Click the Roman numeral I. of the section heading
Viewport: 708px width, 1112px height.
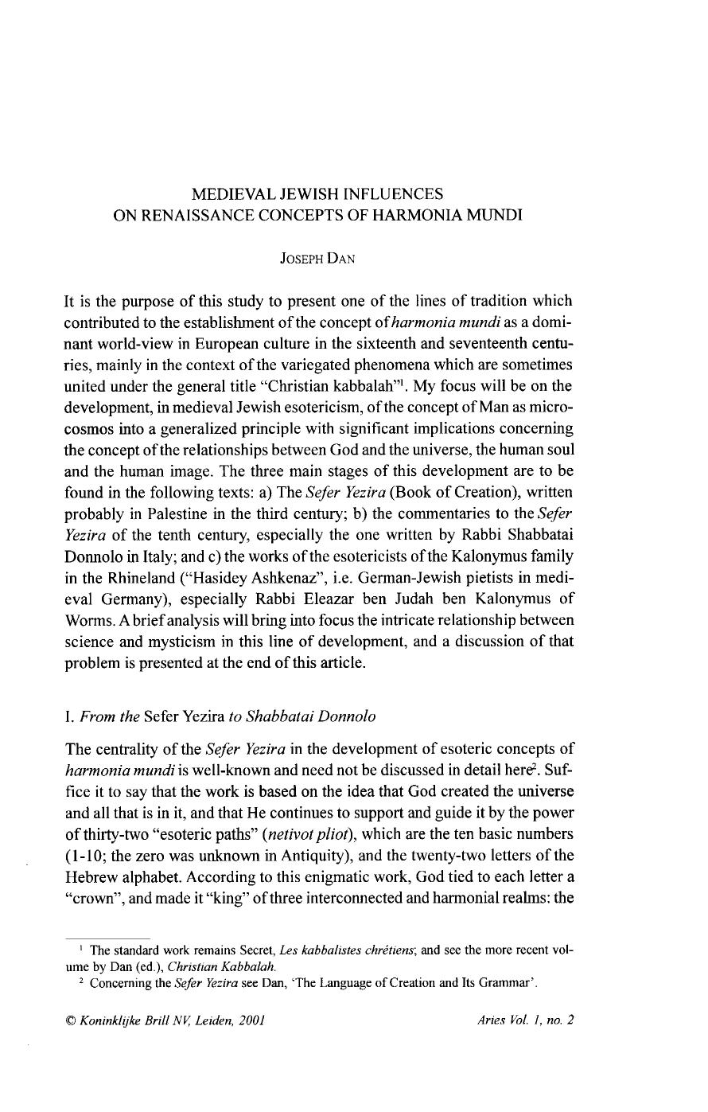tap(68, 716)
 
